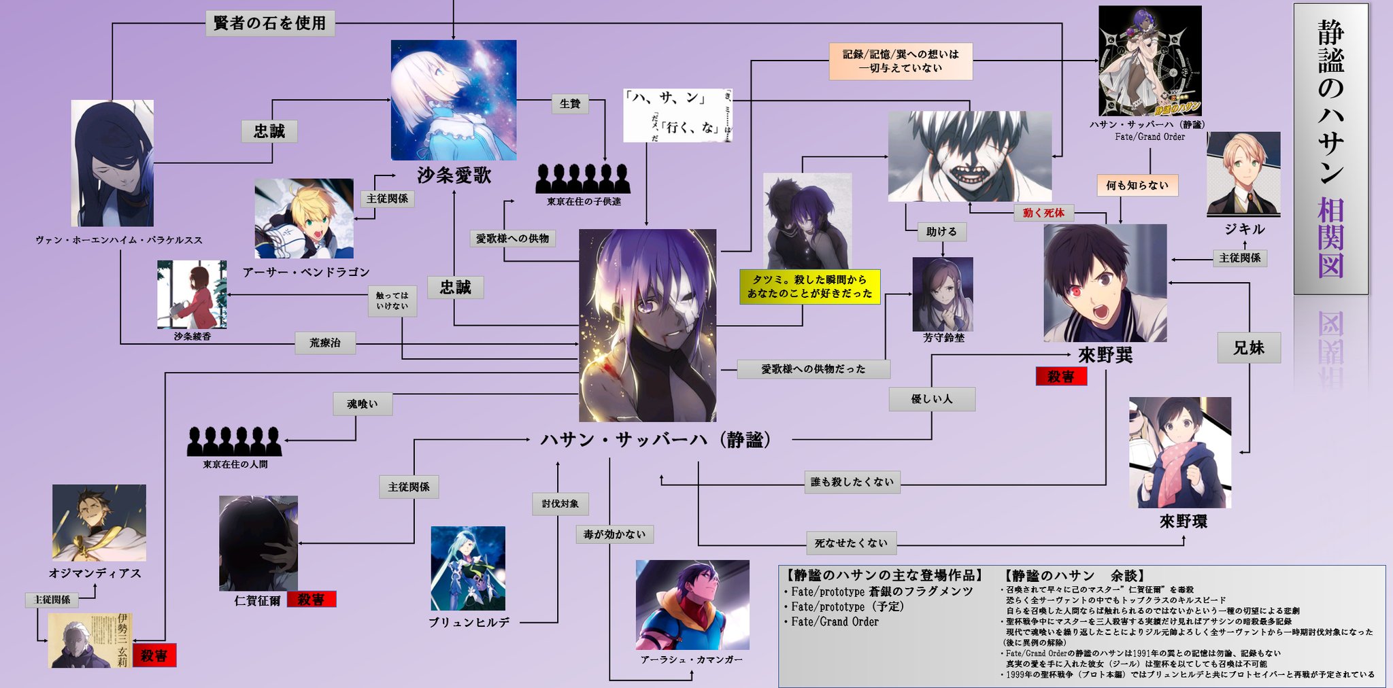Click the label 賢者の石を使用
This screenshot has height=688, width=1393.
pyautogui.click(x=270, y=24)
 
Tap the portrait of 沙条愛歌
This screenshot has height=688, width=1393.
pyautogui.click(x=453, y=100)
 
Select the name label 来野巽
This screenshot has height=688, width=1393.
pyautogui.click(x=1105, y=355)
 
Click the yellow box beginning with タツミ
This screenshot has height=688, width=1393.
pyautogui.click(x=809, y=287)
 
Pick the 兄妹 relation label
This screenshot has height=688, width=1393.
pyautogui.click(x=1249, y=348)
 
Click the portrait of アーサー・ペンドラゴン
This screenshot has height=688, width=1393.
pyautogui.click(x=304, y=218)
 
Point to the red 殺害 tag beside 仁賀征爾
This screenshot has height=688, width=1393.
pyautogui.click(x=311, y=600)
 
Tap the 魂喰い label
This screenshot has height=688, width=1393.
pyautogui.click(x=362, y=405)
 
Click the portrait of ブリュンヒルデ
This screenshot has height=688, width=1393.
pyautogui.click(x=468, y=568)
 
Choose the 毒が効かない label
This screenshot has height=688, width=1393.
pyautogui.click(x=614, y=535)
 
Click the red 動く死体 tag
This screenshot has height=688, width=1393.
pyautogui.click(x=1043, y=213)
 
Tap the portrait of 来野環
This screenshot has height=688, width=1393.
pyautogui.click(x=1180, y=452)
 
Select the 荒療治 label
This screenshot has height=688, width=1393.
pyautogui.click(x=325, y=343)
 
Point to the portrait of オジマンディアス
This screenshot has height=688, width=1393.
pyautogui.click(x=99, y=523)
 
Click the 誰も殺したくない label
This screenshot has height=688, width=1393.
pyautogui.click(x=852, y=482)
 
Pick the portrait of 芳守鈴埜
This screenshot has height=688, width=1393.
pyautogui.click(x=943, y=294)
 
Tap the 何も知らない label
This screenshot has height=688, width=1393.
pyautogui.click(x=1137, y=186)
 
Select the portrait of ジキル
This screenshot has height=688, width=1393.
pyautogui.click(x=1243, y=174)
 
